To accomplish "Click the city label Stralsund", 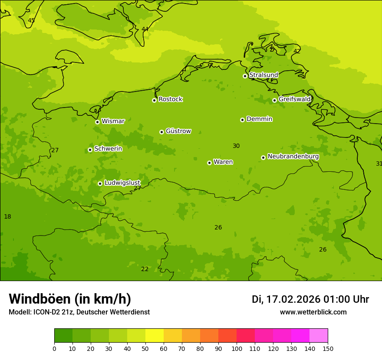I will point(263,75).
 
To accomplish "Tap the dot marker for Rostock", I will point(154,100).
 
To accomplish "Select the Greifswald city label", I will point(294,99).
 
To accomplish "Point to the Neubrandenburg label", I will point(293,157).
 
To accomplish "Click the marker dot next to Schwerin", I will point(90,150).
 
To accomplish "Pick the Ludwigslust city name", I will point(122,183).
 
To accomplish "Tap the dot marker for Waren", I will point(209,163).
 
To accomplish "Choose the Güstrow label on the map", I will point(178,131).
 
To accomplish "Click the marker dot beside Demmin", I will point(242,120).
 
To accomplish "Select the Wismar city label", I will point(113,121).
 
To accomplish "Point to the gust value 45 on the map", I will point(31,20).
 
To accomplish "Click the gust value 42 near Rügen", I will point(297,51).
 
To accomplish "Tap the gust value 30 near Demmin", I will point(236,146).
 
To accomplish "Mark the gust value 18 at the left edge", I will point(7,216).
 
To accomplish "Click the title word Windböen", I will point(40,299).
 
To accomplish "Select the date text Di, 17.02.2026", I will point(286,299).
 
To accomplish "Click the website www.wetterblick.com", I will point(313,312).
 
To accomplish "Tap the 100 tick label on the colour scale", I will point(237,349).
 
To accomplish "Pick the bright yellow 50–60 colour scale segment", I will point(155,336).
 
